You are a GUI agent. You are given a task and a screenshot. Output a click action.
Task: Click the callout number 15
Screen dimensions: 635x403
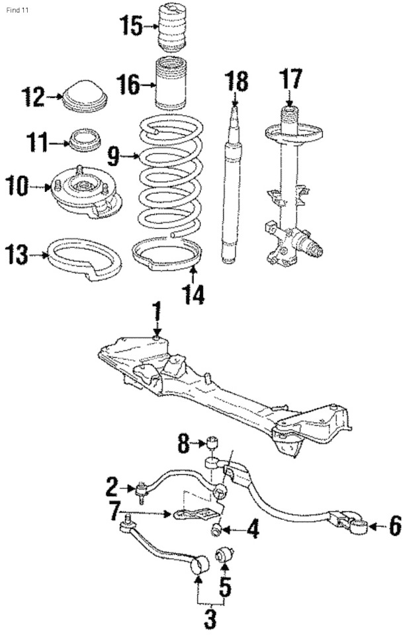tap(130, 26)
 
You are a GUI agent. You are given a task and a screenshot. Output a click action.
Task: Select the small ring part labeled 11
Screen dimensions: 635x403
tap(85, 140)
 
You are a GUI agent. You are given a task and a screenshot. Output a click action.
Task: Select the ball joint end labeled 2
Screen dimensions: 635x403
tap(142, 490)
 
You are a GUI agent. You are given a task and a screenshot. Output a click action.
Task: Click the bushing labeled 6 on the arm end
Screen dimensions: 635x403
tap(357, 526)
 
